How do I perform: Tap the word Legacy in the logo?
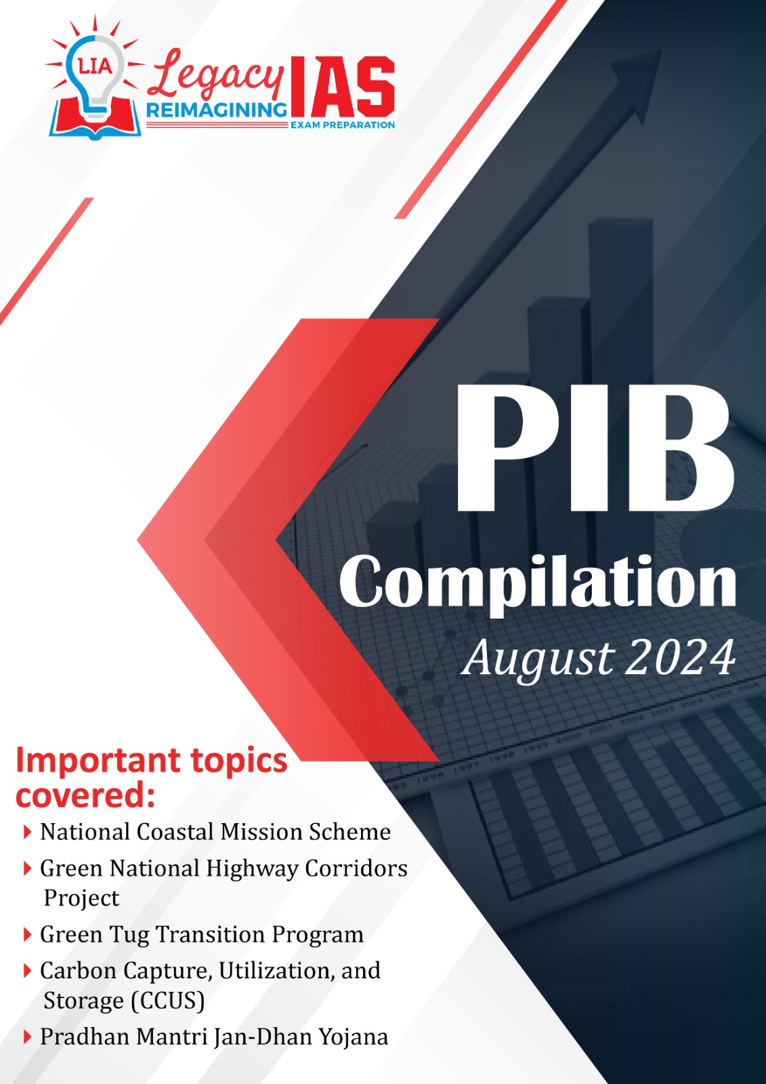point(215,77)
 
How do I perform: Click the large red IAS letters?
point(341,87)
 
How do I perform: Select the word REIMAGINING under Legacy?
point(216,111)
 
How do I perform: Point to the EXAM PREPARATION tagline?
point(342,125)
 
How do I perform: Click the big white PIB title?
point(595,448)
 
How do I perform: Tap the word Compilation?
point(538,584)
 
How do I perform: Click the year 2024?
point(680,658)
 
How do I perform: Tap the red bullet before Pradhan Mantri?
point(28,1037)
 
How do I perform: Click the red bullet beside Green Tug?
point(28,934)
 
